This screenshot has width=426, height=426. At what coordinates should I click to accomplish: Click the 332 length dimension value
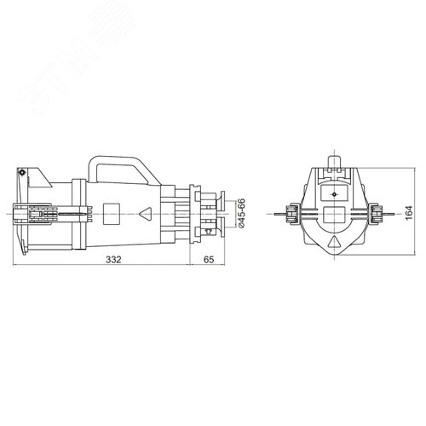113,260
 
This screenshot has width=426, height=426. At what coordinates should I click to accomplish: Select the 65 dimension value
209,260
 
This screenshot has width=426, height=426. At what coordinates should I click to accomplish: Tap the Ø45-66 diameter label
241,213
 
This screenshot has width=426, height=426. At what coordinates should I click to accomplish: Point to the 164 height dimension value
408,212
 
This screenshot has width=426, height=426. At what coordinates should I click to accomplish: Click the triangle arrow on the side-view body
146,214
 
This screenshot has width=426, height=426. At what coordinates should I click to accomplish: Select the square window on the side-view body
111,213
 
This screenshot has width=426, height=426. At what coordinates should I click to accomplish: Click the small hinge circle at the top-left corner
21,172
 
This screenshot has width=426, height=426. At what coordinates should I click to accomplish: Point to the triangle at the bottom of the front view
334,242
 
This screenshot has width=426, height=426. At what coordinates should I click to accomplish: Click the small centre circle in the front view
334,194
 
